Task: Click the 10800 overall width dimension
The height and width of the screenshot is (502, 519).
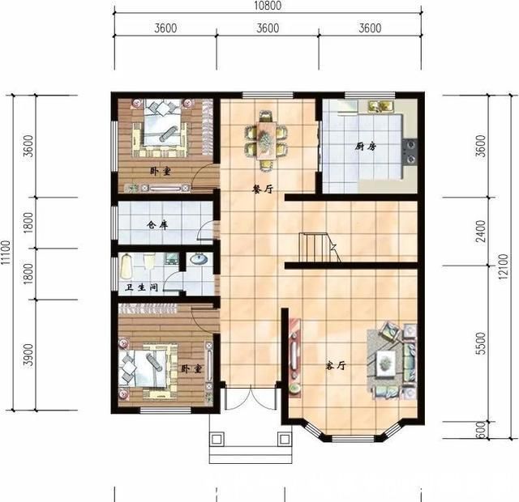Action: (268, 6)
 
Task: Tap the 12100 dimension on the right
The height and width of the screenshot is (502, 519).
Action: (503, 266)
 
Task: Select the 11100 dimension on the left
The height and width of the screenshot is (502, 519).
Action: (6, 253)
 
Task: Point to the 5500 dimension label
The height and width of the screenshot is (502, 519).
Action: (482, 343)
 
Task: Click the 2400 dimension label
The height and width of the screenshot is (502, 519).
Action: (482, 232)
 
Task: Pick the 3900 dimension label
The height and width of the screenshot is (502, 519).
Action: (29, 355)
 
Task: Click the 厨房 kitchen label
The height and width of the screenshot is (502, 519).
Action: (366, 147)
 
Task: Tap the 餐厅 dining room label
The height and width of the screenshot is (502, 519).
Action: (263, 189)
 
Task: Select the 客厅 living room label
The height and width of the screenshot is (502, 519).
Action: (336, 365)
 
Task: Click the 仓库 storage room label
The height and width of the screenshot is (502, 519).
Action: (157, 225)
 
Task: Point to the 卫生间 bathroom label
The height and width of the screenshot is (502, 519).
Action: (142, 287)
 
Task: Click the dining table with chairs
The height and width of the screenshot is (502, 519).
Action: (267, 141)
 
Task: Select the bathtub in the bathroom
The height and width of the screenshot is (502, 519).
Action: (126, 266)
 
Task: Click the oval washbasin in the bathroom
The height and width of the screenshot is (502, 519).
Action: (199, 259)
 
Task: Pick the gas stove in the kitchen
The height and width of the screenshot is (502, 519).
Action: (410, 151)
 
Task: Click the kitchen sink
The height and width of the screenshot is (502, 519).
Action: (380, 106)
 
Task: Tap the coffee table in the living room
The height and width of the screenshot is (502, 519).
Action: (386, 364)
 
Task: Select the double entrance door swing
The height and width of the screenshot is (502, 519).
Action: (251, 398)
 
